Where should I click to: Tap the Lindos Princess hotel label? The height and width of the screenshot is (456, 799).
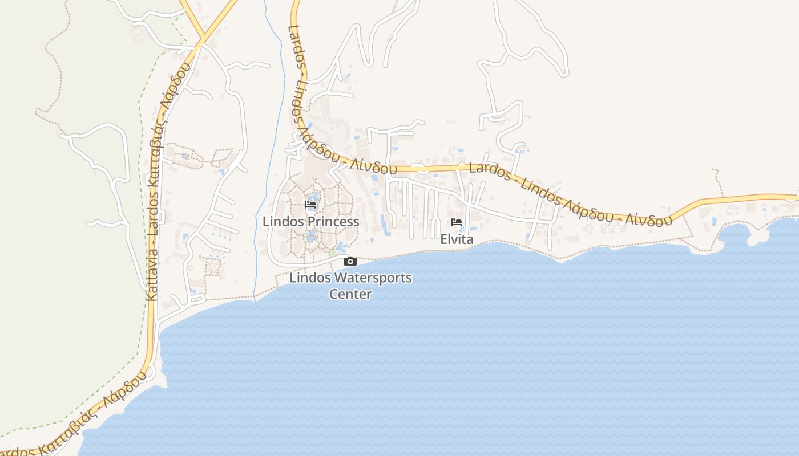pyautogui.click(x=310, y=222)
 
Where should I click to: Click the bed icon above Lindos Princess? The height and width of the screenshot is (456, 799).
pyautogui.click(x=310, y=204)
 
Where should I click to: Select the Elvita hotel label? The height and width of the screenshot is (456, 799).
pyautogui.click(x=457, y=239)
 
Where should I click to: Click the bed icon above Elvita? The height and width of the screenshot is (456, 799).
pyautogui.click(x=456, y=222)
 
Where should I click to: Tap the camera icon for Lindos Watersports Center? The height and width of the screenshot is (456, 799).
pyautogui.click(x=350, y=262)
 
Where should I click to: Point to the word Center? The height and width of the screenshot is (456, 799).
pyautogui.click(x=350, y=294)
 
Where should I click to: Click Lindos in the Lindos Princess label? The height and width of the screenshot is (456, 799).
pyautogui.click(x=283, y=222)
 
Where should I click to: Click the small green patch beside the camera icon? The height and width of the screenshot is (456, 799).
pyautogui.click(x=333, y=253)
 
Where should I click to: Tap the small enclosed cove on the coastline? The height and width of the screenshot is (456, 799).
pyautogui.click(x=736, y=234)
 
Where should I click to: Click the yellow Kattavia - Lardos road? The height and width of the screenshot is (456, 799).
pyautogui.click(x=151, y=319)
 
